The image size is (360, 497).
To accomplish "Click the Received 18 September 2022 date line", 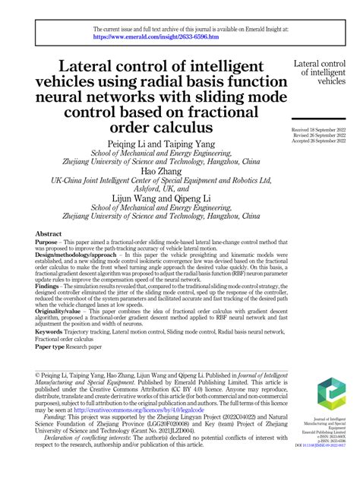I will point(318,130).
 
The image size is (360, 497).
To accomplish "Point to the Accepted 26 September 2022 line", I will point(318,141).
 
